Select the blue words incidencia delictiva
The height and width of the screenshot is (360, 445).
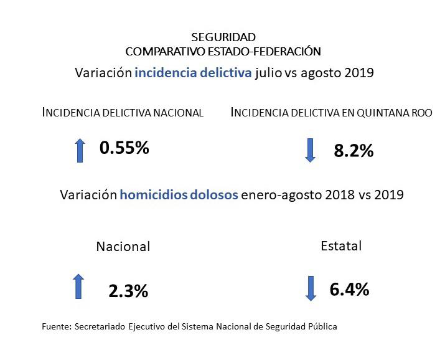(x=192, y=73)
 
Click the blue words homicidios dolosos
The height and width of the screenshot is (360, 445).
(x=179, y=195)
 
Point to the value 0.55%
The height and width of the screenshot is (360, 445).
(x=124, y=148)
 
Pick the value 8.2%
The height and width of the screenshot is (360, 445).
(x=354, y=150)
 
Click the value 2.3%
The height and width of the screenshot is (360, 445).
(x=128, y=290)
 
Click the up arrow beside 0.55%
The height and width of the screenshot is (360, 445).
(x=80, y=150)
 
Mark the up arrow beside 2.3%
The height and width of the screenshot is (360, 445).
(x=78, y=286)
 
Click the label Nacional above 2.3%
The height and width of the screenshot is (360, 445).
(x=123, y=247)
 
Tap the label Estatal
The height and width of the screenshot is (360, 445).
(x=341, y=245)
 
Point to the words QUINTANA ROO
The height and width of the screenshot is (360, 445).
(x=399, y=113)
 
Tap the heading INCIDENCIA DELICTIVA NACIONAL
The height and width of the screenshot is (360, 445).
(x=123, y=113)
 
